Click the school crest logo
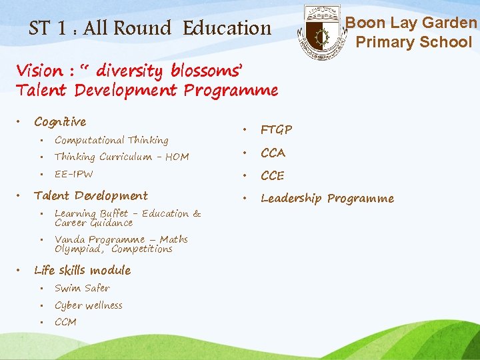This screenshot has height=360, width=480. (x=322, y=32)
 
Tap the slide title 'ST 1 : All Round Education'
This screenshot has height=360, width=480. (x=150, y=28)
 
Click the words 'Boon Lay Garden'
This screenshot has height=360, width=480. (x=411, y=23)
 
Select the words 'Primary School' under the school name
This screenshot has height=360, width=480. (x=413, y=42)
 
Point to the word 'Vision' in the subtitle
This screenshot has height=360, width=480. (x=38, y=70)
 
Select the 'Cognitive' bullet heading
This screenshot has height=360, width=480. (x=60, y=121)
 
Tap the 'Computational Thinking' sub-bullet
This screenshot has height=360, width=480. (x=111, y=140)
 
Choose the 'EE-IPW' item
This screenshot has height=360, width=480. (x=74, y=174)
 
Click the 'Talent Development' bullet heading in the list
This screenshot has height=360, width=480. (x=91, y=195)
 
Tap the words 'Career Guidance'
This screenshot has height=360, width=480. (x=93, y=223)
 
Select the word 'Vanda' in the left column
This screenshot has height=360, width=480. (x=69, y=239)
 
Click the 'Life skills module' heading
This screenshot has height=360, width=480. (x=82, y=270)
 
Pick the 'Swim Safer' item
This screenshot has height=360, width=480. (x=82, y=288)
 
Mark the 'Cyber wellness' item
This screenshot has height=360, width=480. (x=89, y=305)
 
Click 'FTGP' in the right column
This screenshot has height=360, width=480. (x=276, y=129)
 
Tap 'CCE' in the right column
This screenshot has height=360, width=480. (x=273, y=176)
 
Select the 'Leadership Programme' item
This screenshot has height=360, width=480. (x=327, y=198)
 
